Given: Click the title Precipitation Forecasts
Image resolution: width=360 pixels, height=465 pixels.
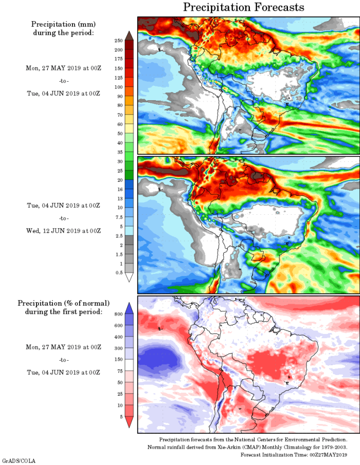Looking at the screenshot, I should [244, 7].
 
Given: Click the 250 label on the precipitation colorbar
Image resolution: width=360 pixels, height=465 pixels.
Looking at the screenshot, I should [118, 40].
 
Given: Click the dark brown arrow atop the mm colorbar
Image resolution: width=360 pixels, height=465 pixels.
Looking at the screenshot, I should [129, 35].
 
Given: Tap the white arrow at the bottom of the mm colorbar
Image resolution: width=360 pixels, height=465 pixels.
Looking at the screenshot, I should [129, 277].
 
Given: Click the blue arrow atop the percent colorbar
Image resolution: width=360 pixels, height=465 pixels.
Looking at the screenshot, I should [129, 307].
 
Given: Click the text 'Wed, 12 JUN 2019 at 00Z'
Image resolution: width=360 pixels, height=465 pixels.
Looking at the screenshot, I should [63, 230].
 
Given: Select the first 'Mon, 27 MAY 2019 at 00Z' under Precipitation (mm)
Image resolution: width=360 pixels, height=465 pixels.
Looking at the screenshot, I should [63, 68].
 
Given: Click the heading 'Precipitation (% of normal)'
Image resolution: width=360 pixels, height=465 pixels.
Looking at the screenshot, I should [63, 303].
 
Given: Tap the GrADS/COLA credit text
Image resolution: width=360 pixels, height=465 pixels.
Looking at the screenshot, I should [19, 461].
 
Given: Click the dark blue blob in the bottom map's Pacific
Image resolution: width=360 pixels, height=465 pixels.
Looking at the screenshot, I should [160, 358].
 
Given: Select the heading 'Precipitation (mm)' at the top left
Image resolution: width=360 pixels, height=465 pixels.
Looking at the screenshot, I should [63, 24].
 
